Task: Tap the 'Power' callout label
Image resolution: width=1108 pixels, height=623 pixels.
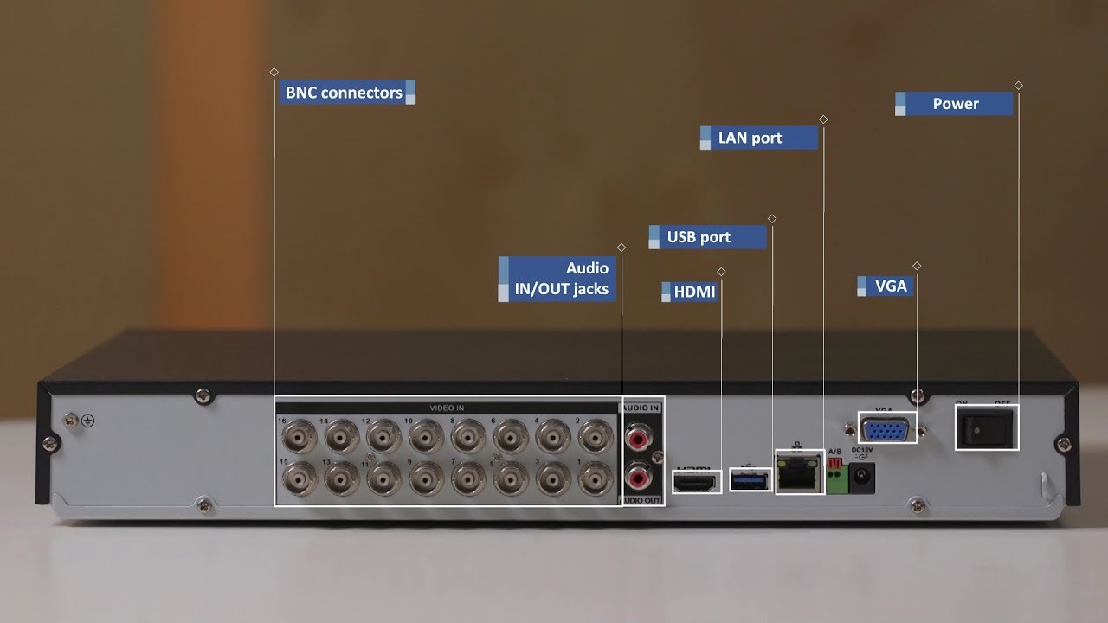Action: tap(955, 104)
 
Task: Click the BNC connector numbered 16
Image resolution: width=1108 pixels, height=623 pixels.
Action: tap(300, 436)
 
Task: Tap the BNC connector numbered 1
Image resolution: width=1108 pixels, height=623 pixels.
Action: tap(596, 478)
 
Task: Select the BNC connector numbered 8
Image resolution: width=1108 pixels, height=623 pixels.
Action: tap(468, 436)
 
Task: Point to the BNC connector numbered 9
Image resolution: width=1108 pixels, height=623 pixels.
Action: tap(426, 478)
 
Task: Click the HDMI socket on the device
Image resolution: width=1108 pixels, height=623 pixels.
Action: tap(697, 482)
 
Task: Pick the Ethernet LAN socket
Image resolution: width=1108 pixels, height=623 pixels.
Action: tap(799, 472)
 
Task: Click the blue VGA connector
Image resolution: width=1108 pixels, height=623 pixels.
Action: tap(887, 428)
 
